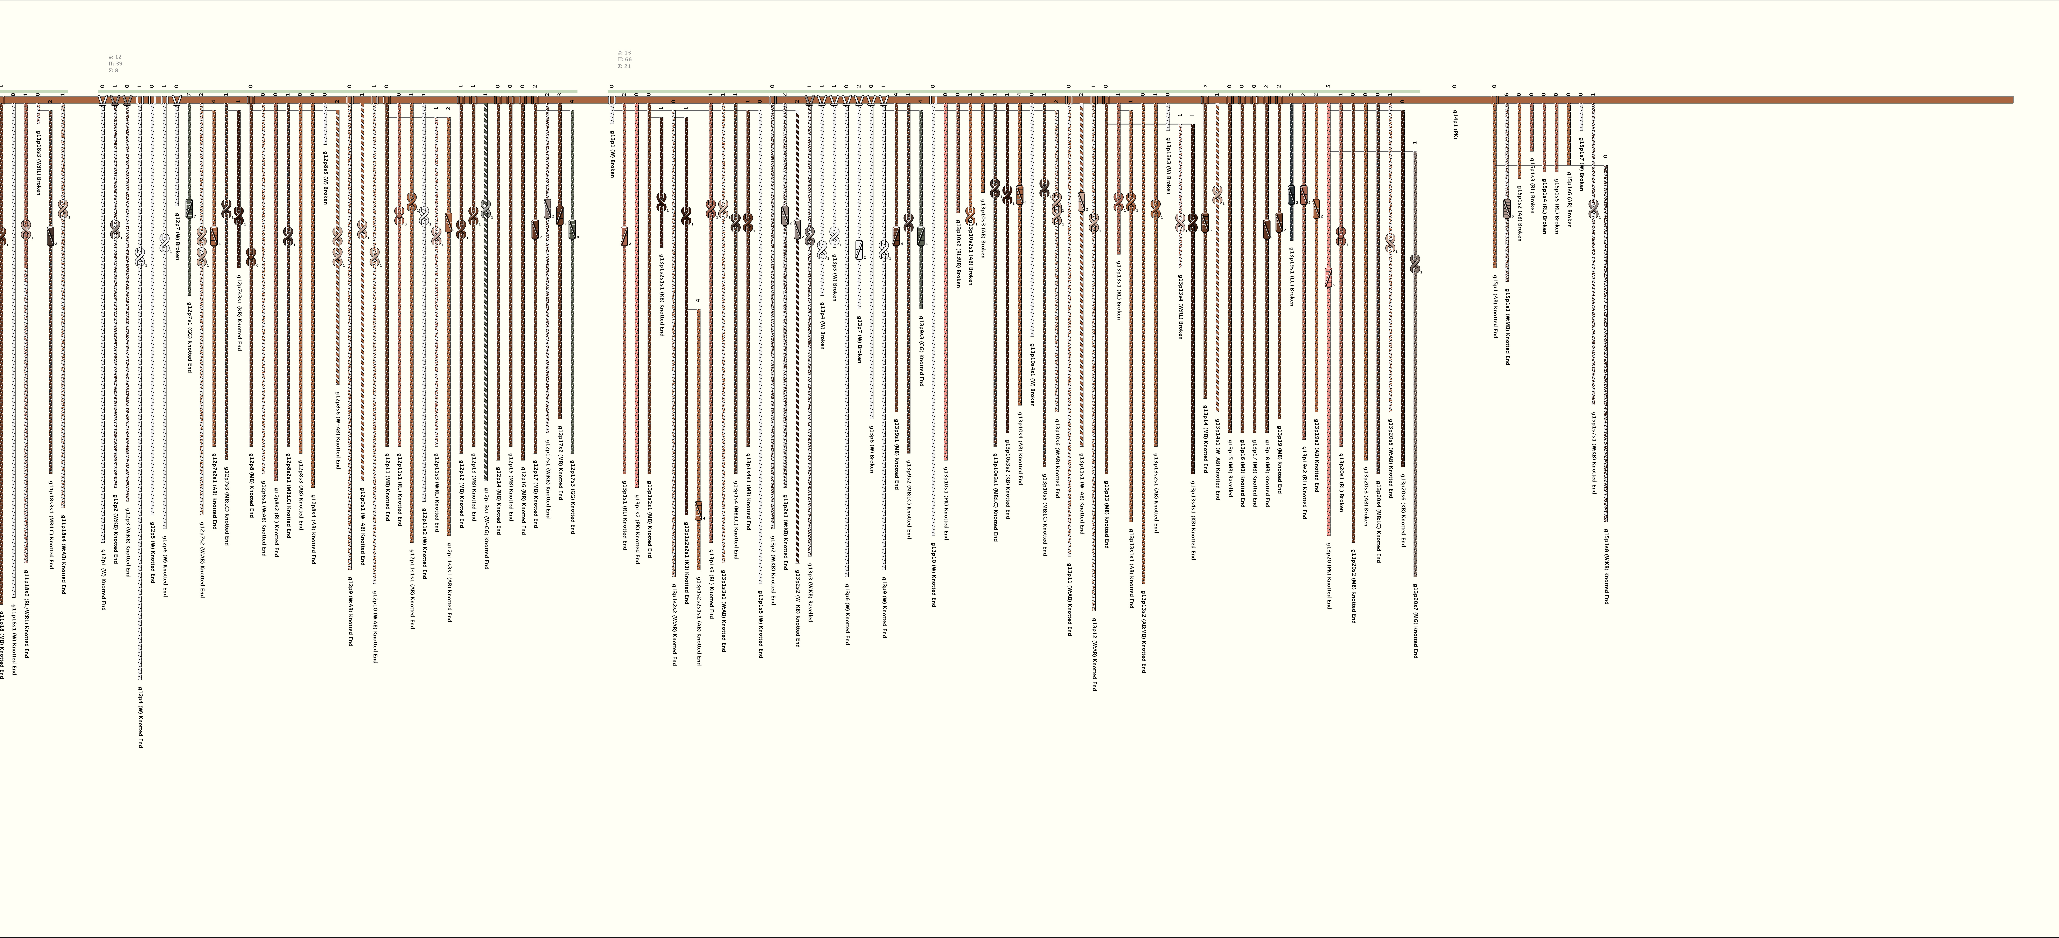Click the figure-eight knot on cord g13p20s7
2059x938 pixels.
[x=1415, y=262]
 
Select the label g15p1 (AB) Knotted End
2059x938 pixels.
[x=1495, y=306]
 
